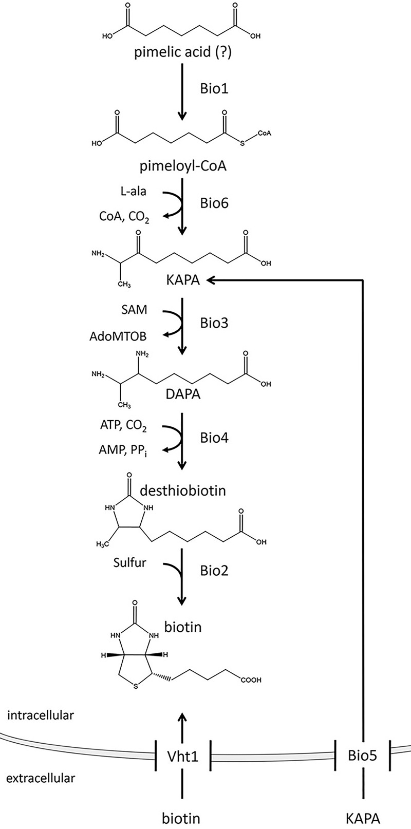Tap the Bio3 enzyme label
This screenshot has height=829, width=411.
[214, 323]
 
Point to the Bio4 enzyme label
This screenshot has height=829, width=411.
[214, 438]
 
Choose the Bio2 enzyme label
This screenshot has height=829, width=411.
[214, 571]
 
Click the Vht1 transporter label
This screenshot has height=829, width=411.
[183, 756]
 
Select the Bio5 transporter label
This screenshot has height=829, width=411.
[363, 756]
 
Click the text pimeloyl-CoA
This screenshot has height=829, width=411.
[176, 167]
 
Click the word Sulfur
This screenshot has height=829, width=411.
[129, 562]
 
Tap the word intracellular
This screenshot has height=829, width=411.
[41, 715]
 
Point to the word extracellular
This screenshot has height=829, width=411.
[41, 778]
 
